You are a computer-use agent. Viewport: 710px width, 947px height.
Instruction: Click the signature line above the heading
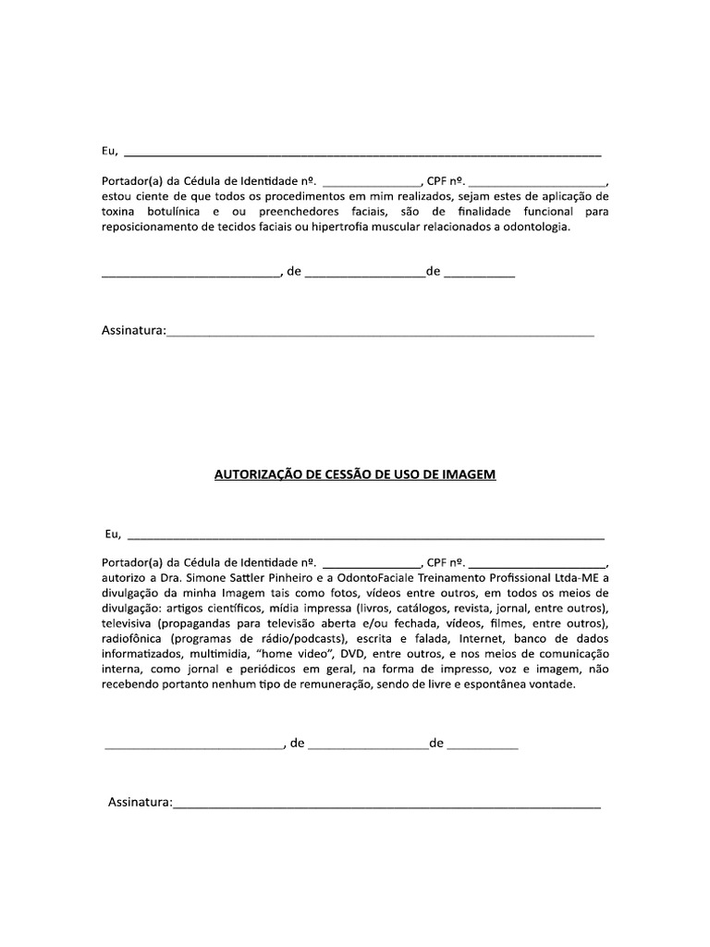coord(379,333)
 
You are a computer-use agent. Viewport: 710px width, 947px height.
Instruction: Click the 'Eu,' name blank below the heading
coord(365,536)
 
